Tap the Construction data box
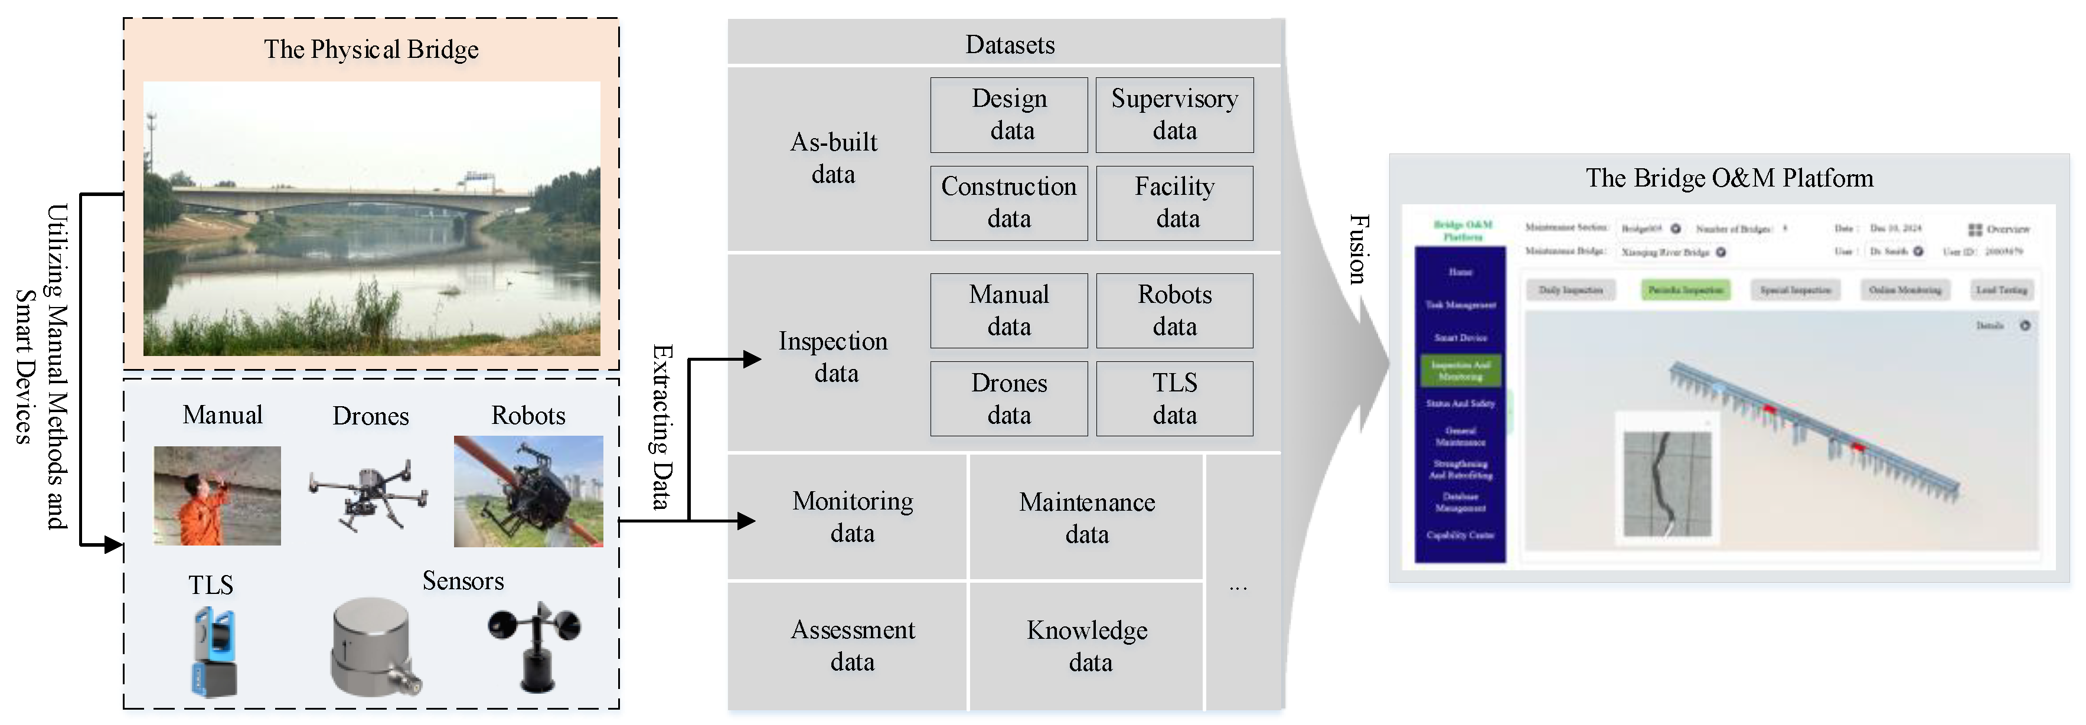tap(1008, 203)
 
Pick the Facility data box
tap(1174, 203)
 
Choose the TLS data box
tap(1174, 399)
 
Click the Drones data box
tap(1008, 399)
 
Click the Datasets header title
tap(1009, 44)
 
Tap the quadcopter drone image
tap(369, 494)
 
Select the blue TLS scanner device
tap(214, 653)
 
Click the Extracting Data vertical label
tap(662, 427)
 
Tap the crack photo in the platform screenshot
tap(1667, 484)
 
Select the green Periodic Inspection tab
tap(1685, 290)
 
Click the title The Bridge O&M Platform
tap(1728, 178)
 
